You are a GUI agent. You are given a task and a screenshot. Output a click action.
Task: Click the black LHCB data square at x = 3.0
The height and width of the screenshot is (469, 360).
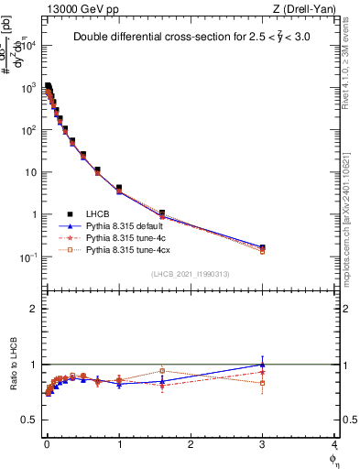coord(263,247)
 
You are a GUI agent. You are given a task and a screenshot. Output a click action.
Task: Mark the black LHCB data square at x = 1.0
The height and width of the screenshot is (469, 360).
coord(119,188)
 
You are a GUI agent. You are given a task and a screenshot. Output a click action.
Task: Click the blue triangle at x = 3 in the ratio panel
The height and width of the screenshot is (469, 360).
coord(263,365)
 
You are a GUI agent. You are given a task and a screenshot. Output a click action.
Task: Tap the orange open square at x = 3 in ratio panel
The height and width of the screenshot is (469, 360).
coord(263,383)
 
